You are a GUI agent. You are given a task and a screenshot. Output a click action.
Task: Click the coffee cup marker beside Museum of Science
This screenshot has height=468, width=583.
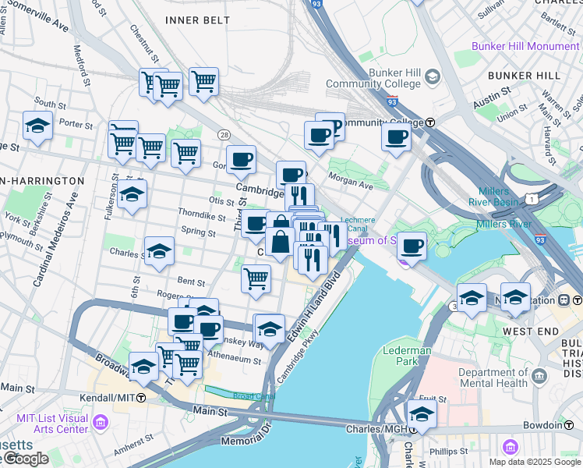412,246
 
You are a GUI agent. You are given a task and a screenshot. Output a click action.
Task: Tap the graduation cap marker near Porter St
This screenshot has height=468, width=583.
37,125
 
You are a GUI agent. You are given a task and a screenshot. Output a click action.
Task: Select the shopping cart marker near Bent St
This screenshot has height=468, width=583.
256,278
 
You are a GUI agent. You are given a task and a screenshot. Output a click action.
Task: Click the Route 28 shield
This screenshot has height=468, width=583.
224,135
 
